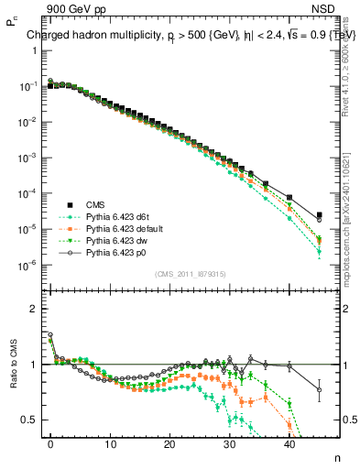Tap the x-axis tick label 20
click(x=170, y=444)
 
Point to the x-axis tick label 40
click(x=289, y=444)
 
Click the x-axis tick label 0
click(x=51, y=444)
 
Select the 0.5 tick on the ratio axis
click(x=30, y=420)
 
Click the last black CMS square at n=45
click(x=319, y=215)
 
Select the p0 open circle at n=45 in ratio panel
click(x=319, y=390)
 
